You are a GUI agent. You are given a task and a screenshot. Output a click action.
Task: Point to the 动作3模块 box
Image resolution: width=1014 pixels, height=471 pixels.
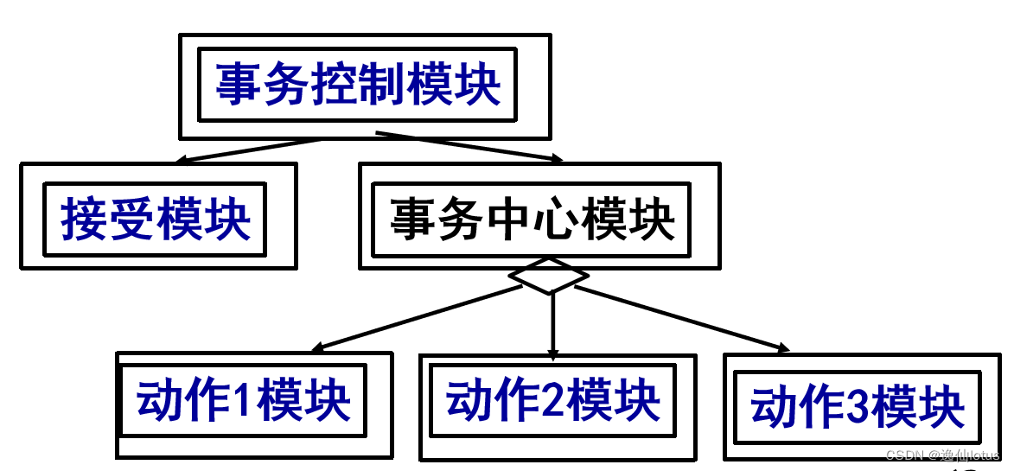[x=857, y=407]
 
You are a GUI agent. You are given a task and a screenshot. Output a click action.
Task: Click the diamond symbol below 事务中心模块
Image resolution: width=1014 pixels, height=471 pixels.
[x=549, y=276]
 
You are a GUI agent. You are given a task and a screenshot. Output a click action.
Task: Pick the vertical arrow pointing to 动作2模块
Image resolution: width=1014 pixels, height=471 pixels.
[x=552, y=324]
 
